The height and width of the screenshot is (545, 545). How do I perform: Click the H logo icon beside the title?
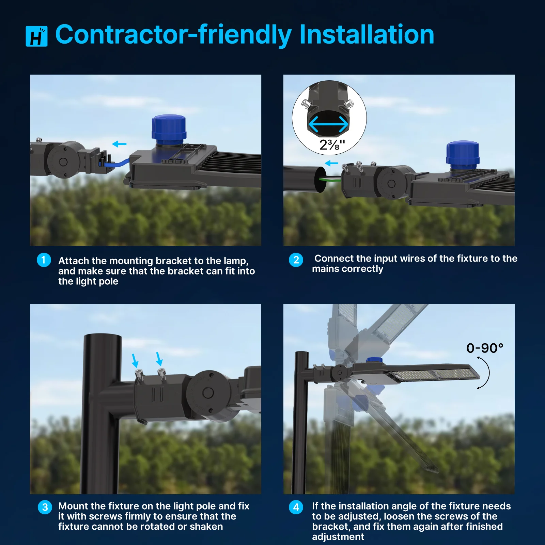click(x=36, y=36)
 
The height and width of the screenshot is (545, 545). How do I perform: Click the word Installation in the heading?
click(x=367, y=34)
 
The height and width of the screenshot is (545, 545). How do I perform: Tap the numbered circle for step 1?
click(x=44, y=260)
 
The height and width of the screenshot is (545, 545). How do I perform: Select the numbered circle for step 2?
click(x=296, y=260)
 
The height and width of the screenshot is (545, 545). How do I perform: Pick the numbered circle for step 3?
click(x=45, y=507)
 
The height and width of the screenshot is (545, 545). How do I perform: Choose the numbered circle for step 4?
click(x=296, y=507)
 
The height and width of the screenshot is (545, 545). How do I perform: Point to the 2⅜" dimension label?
click(x=332, y=145)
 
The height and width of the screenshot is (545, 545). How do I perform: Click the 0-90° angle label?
click(x=485, y=348)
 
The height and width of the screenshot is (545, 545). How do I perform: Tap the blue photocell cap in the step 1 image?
click(x=169, y=129)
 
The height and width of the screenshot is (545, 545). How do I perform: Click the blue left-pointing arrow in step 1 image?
click(x=119, y=144)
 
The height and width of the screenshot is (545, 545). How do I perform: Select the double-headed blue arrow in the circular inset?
click(x=328, y=124)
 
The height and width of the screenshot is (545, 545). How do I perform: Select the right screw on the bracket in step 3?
click(x=161, y=374)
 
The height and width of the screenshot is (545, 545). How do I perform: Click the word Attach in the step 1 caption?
click(x=74, y=261)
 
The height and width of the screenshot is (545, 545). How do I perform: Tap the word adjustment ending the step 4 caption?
click(x=338, y=537)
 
